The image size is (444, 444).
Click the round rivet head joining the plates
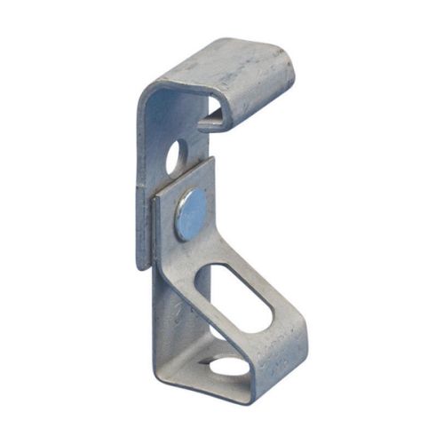(x=190, y=214)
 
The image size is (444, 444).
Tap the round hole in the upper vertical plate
(x=173, y=156)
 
